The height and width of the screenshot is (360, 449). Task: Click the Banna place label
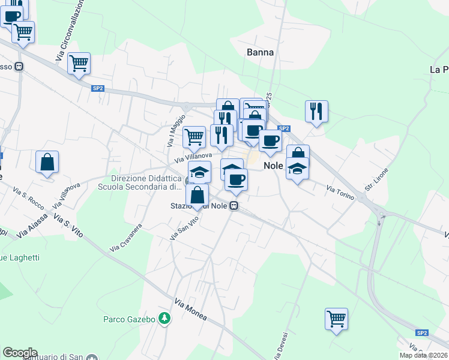260,52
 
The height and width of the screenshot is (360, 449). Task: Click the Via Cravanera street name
125,238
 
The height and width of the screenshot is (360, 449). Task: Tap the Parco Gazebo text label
129,319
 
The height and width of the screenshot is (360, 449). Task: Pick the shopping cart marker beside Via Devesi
336,318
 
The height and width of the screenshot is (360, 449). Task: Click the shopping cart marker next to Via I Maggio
194,136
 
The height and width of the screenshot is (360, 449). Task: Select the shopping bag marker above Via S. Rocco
47,162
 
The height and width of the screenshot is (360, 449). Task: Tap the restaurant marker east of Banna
316,111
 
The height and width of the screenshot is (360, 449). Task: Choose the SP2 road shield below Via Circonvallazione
98,88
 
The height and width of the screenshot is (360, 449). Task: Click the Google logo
20,353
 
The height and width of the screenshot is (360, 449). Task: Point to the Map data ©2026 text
423,355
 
